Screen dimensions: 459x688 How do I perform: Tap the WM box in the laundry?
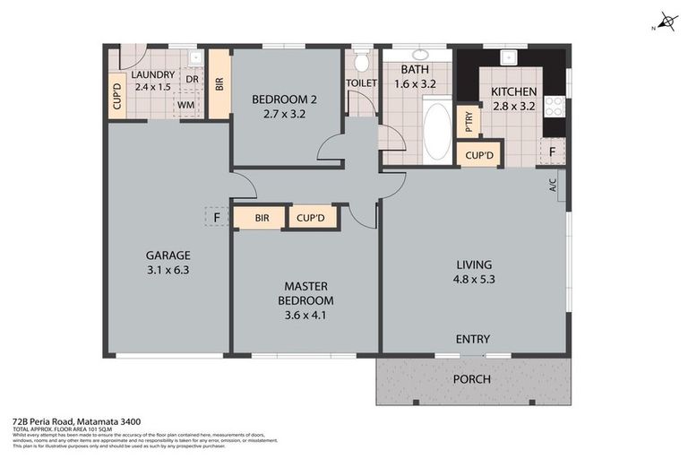(x=186, y=105)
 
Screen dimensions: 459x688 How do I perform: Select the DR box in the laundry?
(x=192, y=79)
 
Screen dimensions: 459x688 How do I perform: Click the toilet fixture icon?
(x=361, y=62)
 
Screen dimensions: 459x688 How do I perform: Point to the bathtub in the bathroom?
(x=436, y=133)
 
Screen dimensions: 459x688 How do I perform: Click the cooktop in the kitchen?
(x=555, y=106)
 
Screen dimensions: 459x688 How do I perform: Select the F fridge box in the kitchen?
(x=552, y=152)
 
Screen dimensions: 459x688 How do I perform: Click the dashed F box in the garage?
(x=216, y=217)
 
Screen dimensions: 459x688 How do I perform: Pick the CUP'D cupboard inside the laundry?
(x=116, y=97)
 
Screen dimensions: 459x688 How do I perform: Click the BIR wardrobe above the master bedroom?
(x=262, y=218)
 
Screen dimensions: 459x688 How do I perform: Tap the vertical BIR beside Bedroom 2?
(x=219, y=83)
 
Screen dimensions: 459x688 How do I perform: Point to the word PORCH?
(x=472, y=379)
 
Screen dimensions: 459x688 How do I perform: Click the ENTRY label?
(x=472, y=339)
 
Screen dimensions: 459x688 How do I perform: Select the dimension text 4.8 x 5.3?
(x=474, y=280)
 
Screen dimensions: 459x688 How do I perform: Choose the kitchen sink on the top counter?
(x=509, y=56)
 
